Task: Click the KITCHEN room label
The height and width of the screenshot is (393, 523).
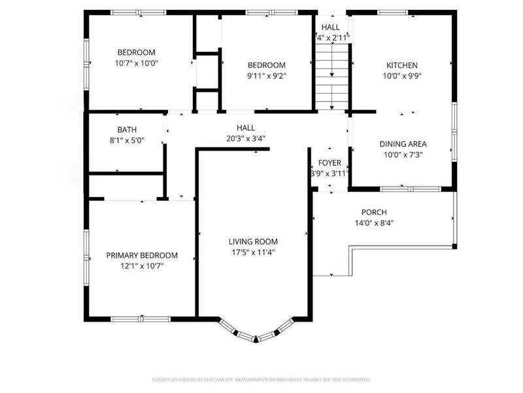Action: pos(401,65)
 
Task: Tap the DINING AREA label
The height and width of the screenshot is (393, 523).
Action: pos(403,144)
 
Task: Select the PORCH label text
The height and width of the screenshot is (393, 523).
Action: pos(374,212)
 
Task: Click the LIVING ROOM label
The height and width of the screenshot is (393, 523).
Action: pos(252,241)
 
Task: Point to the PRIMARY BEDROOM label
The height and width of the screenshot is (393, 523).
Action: pos(142,255)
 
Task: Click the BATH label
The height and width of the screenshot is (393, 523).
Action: pos(127,130)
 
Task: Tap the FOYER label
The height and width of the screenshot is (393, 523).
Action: pos(329,162)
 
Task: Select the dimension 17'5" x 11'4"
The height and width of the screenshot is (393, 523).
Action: pos(252,252)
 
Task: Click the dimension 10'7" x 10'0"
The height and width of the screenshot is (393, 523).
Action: pos(137,64)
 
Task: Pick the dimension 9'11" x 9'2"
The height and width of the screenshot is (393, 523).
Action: pos(266,75)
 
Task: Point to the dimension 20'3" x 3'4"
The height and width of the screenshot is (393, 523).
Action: pos(246,138)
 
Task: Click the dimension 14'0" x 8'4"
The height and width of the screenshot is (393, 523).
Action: pos(374,223)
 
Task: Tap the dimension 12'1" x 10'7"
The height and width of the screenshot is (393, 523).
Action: pos(142,266)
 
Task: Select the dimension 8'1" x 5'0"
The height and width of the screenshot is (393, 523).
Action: pos(127,140)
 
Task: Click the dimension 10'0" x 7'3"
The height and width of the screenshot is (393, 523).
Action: pos(403,155)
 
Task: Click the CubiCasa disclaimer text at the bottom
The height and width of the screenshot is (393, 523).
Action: pos(261,379)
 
